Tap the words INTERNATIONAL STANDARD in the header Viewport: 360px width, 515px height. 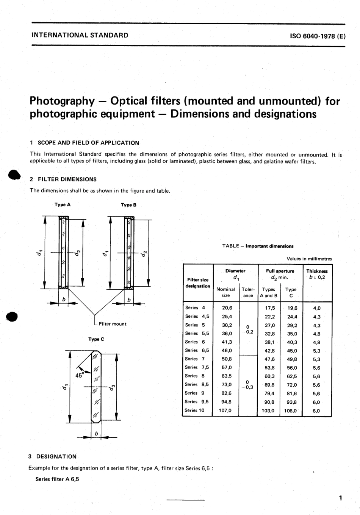[80, 36]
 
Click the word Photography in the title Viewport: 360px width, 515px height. [62, 101]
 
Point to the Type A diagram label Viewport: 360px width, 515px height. [63, 204]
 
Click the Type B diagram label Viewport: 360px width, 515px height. [128, 205]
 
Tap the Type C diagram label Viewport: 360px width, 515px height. [96, 339]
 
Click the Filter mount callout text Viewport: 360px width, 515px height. [112, 324]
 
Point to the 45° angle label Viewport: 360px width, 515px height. [80, 375]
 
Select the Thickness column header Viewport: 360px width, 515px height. [317, 271]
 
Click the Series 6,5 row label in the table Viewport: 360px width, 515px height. [197, 350]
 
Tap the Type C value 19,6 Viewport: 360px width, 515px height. [292, 308]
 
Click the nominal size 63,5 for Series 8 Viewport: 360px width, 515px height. [227, 376]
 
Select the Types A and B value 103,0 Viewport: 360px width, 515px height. [268, 410]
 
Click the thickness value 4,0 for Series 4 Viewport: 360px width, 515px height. [317, 308]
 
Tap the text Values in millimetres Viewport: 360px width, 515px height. [309, 259]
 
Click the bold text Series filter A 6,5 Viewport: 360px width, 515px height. [57, 479]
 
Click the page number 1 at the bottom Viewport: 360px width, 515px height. [340, 498]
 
